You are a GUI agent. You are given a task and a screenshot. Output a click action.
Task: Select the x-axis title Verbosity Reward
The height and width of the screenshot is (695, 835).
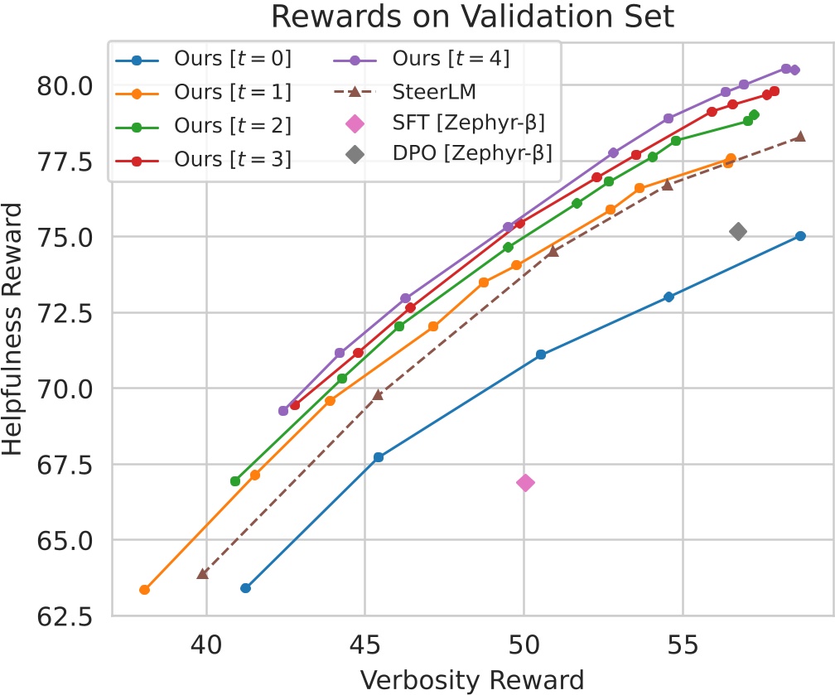coord(471,678)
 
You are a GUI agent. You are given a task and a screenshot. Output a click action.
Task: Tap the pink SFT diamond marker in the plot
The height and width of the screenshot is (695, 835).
coord(525,483)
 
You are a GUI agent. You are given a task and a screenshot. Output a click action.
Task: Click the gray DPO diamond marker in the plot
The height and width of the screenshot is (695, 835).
coord(738,232)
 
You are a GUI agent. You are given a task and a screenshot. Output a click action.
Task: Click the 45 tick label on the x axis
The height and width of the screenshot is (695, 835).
coord(365,643)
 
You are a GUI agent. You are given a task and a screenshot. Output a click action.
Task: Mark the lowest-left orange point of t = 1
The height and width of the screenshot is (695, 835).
coord(144,590)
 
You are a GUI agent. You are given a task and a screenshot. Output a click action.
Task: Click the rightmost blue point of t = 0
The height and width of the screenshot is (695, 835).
coord(800,236)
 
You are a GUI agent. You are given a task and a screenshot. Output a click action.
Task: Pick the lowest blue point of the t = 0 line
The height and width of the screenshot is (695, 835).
coord(245,588)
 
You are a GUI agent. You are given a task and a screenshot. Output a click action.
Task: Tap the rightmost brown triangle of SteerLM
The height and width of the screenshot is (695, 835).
coord(799,136)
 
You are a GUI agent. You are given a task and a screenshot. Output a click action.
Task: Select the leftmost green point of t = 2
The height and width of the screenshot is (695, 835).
coord(235,481)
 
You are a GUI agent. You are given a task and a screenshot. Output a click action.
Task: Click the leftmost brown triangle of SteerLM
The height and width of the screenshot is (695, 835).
coord(202,573)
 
